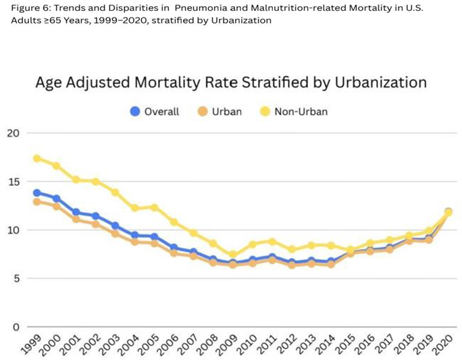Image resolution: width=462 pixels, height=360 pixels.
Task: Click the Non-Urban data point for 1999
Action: (x=37, y=159)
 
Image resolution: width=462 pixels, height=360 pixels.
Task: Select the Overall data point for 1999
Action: (x=37, y=193)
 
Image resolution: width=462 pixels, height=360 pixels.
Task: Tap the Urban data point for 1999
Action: (x=37, y=202)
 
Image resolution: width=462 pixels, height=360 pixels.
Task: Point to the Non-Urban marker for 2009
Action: (x=233, y=254)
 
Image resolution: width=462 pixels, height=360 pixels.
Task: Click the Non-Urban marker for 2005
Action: (x=155, y=207)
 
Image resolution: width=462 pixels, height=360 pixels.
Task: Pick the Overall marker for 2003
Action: (x=115, y=226)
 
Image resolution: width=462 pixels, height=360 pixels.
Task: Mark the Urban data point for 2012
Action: (x=292, y=265)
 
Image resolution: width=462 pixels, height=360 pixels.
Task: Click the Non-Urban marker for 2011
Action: (x=272, y=242)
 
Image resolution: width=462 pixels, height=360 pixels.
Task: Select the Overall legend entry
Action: (x=155, y=111)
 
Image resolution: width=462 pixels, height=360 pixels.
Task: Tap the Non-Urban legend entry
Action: (x=294, y=111)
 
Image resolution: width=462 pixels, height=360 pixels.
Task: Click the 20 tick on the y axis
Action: (x=13, y=133)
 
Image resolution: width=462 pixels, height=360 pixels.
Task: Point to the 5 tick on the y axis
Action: (x=16, y=279)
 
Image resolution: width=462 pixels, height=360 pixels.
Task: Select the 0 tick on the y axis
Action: (x=16, y=327)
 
